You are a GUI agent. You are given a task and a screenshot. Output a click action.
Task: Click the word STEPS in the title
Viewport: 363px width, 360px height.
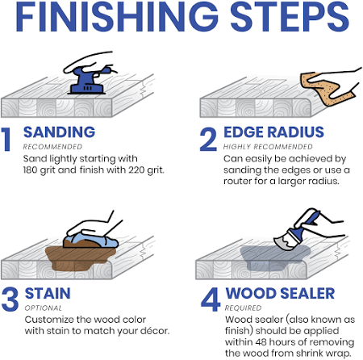tap(290, 17)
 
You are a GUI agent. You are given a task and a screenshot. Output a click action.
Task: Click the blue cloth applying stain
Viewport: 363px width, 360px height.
tap(91, 240)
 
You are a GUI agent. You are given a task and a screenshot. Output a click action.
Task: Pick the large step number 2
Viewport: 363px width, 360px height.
tap(208, 139)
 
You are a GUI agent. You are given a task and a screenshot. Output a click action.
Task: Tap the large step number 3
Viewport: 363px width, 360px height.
tap(10, 299)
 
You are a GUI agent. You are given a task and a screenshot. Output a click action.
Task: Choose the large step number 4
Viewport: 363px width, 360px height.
tap(211, 299)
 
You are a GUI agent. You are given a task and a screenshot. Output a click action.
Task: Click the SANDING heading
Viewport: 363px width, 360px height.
tap(59, 132)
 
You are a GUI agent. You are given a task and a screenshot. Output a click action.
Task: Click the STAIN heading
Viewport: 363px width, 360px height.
tap(48, 293)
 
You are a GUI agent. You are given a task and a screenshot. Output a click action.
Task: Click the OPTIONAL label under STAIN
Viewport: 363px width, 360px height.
tap(44, 308)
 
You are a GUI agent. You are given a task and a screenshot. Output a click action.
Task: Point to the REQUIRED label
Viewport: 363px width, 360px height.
tap(244, 308)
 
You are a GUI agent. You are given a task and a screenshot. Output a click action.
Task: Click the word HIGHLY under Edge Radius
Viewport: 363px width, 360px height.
tap(237, 147)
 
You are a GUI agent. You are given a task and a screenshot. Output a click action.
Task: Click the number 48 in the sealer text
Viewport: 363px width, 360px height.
tap(261, 342)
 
